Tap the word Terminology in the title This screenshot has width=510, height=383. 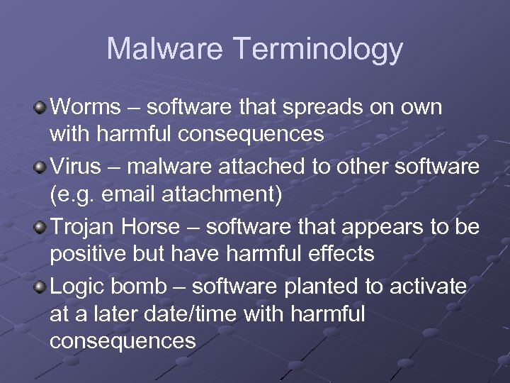pos(317,50)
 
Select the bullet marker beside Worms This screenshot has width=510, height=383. pos(41,108)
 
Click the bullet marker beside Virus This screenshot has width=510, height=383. pos(41,167)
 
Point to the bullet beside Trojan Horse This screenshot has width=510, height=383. pos(41,227)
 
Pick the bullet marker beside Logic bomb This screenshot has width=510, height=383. pos(41,287)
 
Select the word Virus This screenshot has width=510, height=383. pos(76,167)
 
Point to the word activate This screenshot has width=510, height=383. pos(429,287)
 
